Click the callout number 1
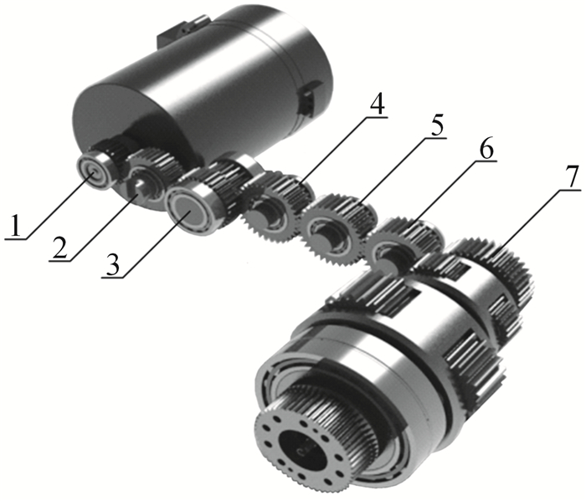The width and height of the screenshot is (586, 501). [15, 226]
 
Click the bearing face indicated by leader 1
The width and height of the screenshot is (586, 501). [92, 171]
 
